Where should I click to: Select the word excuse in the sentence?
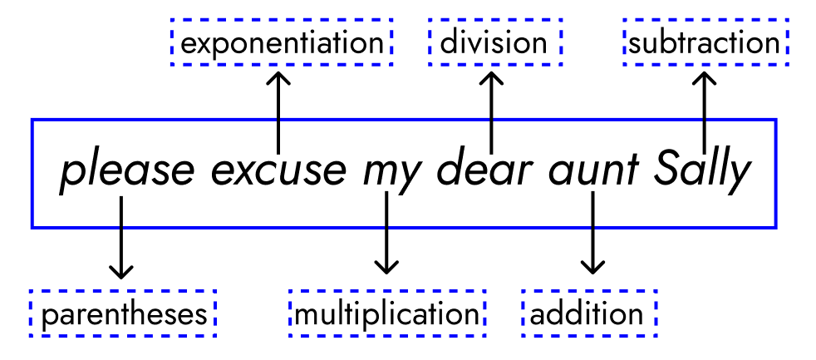pyautogui.click(x=278, y=172)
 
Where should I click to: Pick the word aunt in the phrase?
pyautogui.click(x=592, y=172)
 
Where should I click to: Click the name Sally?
pyautogui.click(x=703, y=172)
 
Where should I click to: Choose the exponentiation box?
pyautogui.click(x=281, y=42)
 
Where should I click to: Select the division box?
pyautogui.click(x=494, y=42)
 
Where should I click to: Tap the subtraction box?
pyautogui.click(x=705, y=42)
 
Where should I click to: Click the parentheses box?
pyautogui.click(x=123, y=314)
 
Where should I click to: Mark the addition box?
pyautogui.click(x=588, y=314)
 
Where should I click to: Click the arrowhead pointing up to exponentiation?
pyautogui.click(x=278, y=78)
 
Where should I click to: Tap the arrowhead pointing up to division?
pyautogui.click(x=492, y=78)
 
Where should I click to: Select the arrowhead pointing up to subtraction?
pyautogui.click(x=705, y=78)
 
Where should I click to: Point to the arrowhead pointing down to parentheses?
pyautogui.click(x=121, y=271)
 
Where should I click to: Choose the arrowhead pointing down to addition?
pyautogui.click(x=592, y=267)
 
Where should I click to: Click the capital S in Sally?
pyautogui.click(x=668, y=171)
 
